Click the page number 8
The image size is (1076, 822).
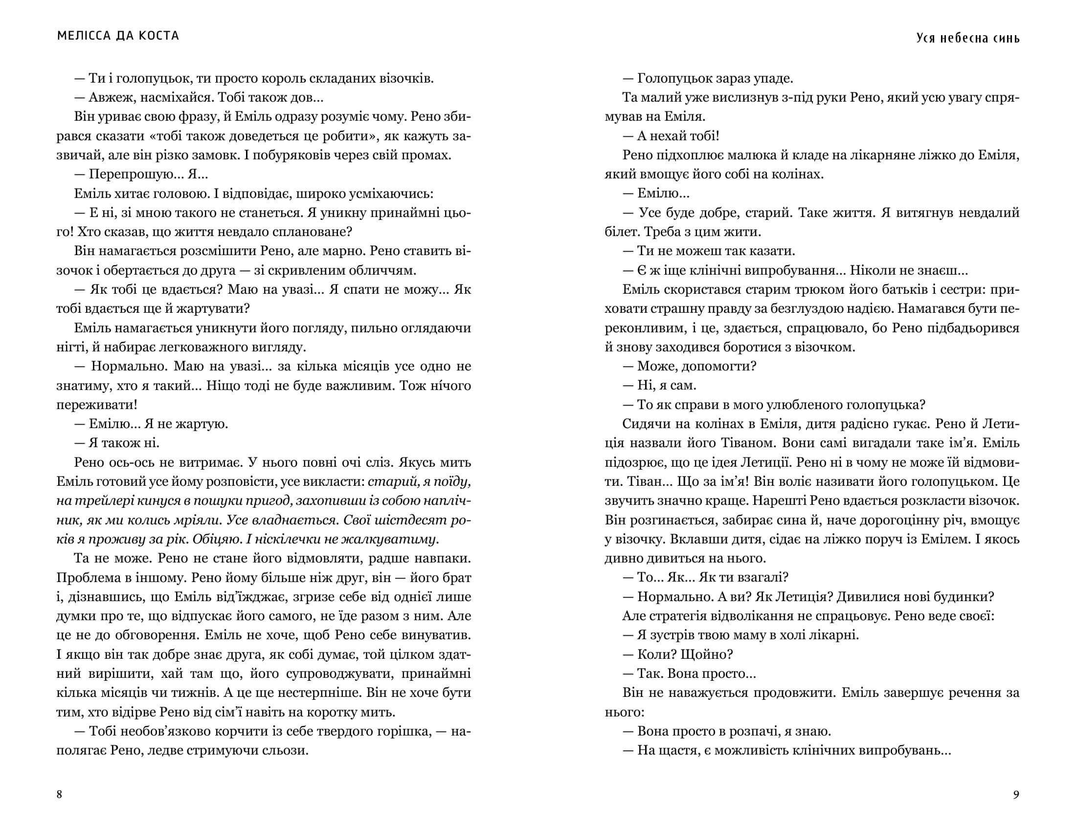[60, 794]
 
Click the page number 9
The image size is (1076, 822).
[1016, 794]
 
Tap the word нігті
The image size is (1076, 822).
[71, 347]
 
